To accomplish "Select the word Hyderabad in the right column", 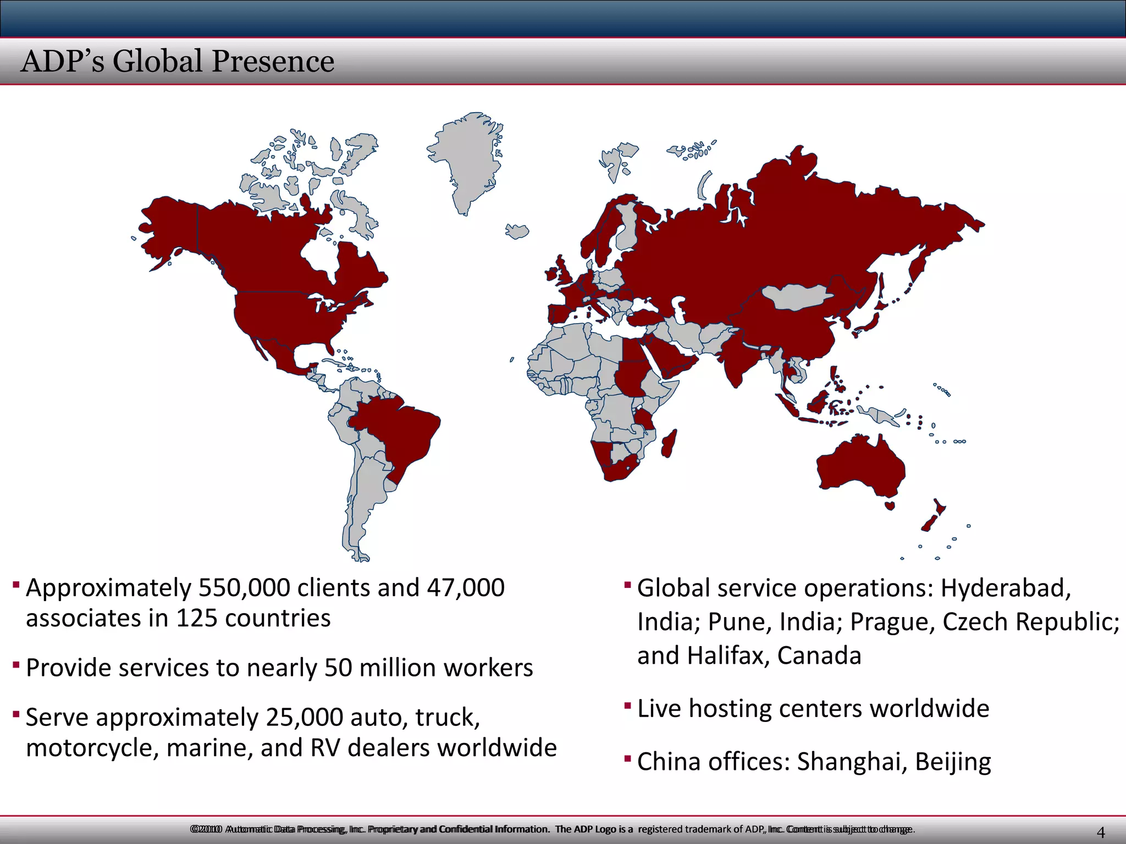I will (x=1006, y=588).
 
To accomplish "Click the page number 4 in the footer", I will (x=1100, y=832).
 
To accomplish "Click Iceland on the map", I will (x=517, y=231).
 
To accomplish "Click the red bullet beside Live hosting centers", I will (x=627, y=705).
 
